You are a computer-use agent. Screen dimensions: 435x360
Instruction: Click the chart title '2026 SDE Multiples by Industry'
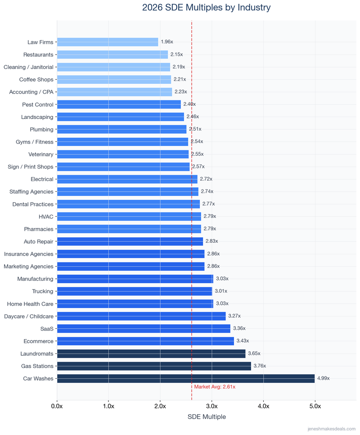(x=206, y=8)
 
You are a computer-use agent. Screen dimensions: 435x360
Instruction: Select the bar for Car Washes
(x=185, y=378)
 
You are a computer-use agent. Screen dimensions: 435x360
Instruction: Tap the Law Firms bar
(x=108, y=42)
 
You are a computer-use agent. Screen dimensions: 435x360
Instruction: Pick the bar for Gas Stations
(x=154, y=366)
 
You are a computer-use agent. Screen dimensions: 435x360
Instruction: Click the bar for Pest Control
(x=119, y=104)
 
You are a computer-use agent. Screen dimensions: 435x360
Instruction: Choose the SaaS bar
(x=144, y=329)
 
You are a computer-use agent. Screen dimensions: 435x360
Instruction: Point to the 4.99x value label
(x=324, y=378)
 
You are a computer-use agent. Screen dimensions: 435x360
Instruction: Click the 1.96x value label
(x=167, y=42)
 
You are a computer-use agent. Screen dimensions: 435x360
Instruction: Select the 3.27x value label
(x=234, y=316)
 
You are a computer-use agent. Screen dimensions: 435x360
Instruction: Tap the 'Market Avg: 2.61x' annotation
(x=215, y=387)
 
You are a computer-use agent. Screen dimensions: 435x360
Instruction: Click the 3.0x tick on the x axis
(x=211, y=406)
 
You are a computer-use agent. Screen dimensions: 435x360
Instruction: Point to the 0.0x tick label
(x=57, y=406)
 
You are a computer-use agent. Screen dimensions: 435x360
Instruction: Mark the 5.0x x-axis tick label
(x=315, y=406)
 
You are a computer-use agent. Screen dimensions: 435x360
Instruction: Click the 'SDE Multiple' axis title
(x=207, y=417)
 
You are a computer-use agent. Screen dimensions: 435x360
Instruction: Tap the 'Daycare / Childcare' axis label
(x=28, y=316)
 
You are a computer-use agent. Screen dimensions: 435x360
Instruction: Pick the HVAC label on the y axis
(x=45, y=217)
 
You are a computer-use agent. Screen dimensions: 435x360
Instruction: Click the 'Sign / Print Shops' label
(x=30, y=167)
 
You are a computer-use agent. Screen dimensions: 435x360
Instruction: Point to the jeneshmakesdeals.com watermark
(x=331, y=429)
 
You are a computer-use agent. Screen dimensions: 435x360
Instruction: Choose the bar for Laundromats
(x=151, y=353)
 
